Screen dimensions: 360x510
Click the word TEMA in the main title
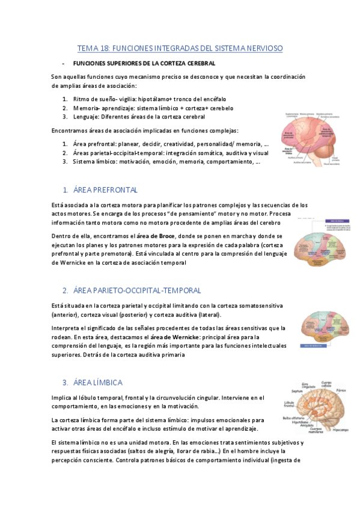click(88, 48)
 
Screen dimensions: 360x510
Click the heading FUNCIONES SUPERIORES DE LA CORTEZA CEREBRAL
click(144, 63)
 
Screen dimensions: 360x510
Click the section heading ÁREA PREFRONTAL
click(105, 189)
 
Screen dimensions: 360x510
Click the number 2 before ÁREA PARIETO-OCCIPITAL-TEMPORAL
click(64, 290)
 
